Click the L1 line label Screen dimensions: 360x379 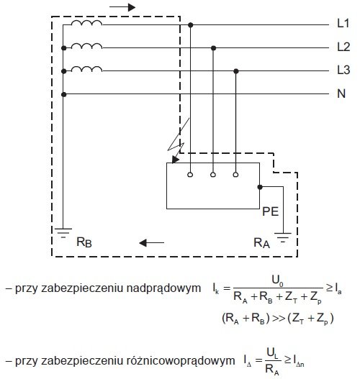[x=343, y=24]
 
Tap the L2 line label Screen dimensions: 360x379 [x=343, y=47]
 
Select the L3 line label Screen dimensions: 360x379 [x=343, y=70]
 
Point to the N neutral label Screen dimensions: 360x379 [x=341, y=93]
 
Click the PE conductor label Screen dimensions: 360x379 [x=271, y=211]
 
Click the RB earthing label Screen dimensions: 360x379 [x=84, y=242]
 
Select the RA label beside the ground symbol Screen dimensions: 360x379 [x=261, y=242]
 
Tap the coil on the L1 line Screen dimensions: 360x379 [x=86, y=23]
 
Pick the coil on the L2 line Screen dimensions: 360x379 [x=86, y=46]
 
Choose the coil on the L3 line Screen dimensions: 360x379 [x=86, y=69]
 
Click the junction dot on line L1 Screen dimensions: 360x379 [x=191, y=25]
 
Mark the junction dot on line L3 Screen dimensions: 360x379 [x=236, y=71]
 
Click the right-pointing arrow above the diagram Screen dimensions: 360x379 [x=122, y=7]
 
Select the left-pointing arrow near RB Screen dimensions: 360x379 [x=151, y=242]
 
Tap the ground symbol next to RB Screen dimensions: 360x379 [x=63, y=233]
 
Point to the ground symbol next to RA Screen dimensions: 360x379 [x=283, y=237]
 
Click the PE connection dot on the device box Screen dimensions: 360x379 [x=260, y=187]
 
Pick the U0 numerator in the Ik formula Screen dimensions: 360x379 [x=277, y=280]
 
